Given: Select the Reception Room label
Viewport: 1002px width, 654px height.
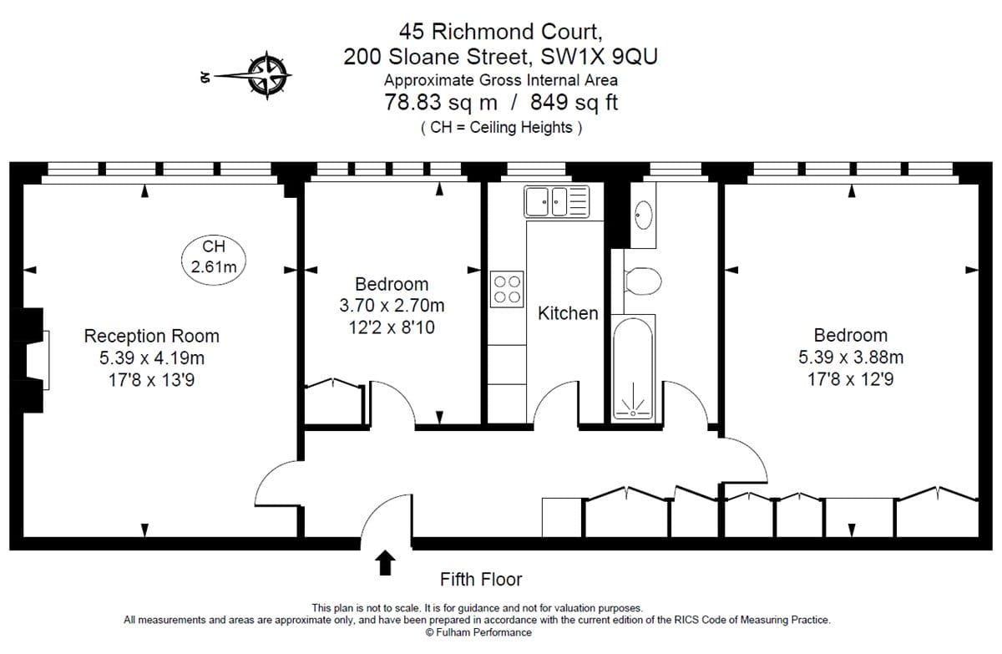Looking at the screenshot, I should pyautogui.click(x=151, y=336).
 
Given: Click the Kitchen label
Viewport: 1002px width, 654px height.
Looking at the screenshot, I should pyautogui.click(x=568, y=313).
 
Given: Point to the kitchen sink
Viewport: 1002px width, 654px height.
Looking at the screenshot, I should pyautogui.click(x=557, y=200).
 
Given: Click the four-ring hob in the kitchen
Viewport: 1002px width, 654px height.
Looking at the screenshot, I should pyautogui.click(x=508, y=288).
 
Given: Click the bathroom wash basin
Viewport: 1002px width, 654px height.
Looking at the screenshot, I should pyautogui.click(x=643, y=215).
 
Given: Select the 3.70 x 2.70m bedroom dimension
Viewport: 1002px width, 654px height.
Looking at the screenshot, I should pyautogui.click(x=392, y=306).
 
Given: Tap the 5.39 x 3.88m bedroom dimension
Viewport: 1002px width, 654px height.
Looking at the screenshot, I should pyautogui.click(x=850, y=357).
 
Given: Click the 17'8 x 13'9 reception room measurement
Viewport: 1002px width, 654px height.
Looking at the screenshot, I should pyautogui.click(x=151, y=381).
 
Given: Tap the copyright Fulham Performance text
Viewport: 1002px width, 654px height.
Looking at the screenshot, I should pyautogui.click(x=478, y=632).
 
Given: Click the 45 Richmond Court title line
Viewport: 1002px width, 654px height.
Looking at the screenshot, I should pyautogui.click(x=501, y=32).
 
